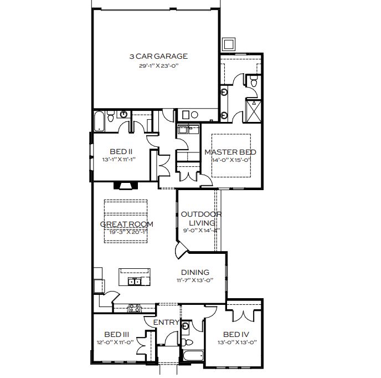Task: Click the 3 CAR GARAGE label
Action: click(x=158, y=56)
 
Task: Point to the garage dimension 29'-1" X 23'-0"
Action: click(x=159, y=65)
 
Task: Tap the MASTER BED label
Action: click(x=230, y=152)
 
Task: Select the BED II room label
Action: click(x=121, y=151)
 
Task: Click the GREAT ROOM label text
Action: click(x=127, y=224)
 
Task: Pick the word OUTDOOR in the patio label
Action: click(x=201, y=214)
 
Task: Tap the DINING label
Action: click(x=195, y=272)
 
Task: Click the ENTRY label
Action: click(x=166, y=322)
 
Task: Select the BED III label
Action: click(x=117, y=334)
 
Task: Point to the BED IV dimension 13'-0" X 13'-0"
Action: click(x=237, y=343)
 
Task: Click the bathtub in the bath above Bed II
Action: click(x=99, y=121)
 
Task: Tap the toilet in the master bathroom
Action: click(x=254, y=81)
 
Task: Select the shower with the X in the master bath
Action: click(x=254, y=111)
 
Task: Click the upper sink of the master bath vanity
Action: click(x=224, y=93)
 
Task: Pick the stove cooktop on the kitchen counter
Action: click(x=134, y=308)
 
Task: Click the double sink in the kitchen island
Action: click(x=135, y=281)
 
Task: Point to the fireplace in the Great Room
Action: click(x=126, y=185)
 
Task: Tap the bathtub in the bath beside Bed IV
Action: click(x=193, y=356)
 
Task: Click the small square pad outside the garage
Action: click(x=228, y=44)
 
